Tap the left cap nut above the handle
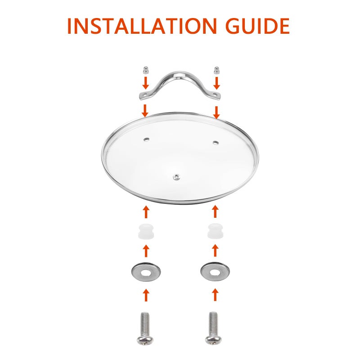(145, 70)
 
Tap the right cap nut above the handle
(216, 70)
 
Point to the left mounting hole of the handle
(144, 94)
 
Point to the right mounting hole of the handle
(216, 94)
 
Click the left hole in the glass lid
(146, 139)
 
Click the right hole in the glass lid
(216, 143)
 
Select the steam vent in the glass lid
(176, 177)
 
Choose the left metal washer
(146, 272)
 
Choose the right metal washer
(215, 272)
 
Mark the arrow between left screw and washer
(146, 295)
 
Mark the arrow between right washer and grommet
(215, 251)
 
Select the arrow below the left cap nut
(145, 83)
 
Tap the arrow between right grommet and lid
(215, 211)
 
